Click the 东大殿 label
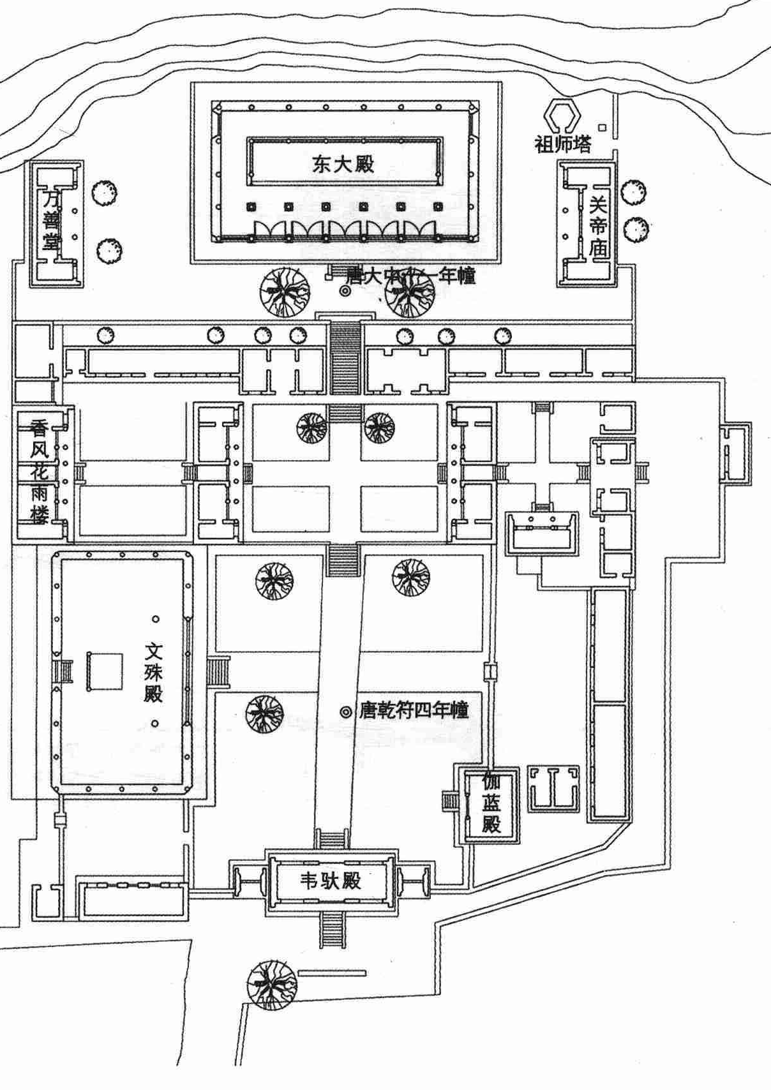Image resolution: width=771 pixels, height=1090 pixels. (x=343, y=164)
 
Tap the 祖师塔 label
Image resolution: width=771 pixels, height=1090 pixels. (x=563, y=144)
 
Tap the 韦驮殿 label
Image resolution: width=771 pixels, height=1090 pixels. (x=331, y=881)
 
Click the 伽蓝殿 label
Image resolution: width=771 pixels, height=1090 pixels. (x=491, y=803)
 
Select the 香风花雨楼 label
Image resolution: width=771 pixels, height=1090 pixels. (x=39, y=470)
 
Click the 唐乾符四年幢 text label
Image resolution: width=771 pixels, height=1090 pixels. (x=414, y=710)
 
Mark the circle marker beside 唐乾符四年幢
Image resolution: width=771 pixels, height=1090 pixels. (x=345, y=712)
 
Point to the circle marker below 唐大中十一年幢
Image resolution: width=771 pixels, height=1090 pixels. (x=345, y=291)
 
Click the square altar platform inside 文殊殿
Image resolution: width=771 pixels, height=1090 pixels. (x=105, y=670)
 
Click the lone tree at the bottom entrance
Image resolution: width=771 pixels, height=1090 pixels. (x=273, y=985)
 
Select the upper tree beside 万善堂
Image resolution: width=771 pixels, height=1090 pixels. (x=103, y=192)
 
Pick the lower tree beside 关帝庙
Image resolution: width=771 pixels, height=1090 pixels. (x=636, y=229)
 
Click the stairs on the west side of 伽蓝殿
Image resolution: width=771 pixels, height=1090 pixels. (x=451, y=801)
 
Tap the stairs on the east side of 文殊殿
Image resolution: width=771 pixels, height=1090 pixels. (x=218, y=671)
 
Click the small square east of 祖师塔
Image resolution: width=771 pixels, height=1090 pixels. (x=602, y=127)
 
